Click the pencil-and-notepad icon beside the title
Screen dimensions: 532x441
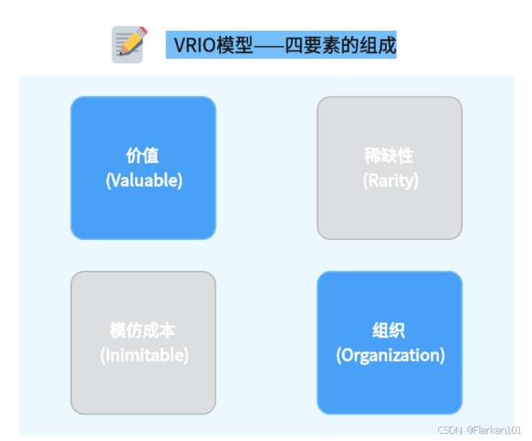128,44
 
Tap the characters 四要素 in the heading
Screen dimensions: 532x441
321,45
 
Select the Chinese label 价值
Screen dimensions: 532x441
143,156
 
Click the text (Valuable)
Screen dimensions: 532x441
144,180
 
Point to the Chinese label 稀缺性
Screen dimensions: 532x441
390,156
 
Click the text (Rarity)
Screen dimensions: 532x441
390,180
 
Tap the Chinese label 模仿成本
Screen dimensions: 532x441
143,330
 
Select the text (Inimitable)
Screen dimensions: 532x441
144,355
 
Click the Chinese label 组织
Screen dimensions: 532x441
390,330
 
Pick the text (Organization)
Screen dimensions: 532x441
390,355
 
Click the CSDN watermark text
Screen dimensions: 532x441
449,430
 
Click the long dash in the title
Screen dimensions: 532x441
270,45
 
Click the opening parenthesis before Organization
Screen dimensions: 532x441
339,355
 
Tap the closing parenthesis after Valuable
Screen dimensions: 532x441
180,181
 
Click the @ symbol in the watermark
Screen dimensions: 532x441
469,430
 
